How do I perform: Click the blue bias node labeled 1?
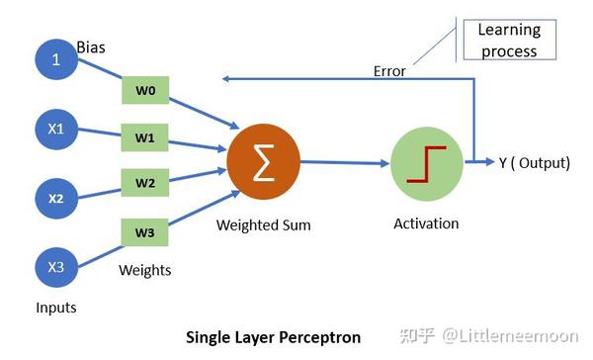tap(56, 59)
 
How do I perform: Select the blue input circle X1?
tap(56, 129)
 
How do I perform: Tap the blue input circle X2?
tap(56, 198)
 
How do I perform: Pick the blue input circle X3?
tap(56, 267)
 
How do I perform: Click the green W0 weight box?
tap(145, 91)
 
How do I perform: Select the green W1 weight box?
tap(145, 137)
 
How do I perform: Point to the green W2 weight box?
tap(145, 182)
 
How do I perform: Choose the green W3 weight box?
tap(145, 232)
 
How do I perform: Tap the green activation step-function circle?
tap(427, 163)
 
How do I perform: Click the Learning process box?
tap(508, 41)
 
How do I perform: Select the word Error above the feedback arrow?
tap(389, 71)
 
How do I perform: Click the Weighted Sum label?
tap(263, 225)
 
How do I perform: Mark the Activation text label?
tap(426, 224)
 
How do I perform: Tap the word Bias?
tap(92, 46)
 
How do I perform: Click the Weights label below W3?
tap(145, 270)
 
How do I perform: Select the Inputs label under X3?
tap(55, 308)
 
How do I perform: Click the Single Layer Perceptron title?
tap(274, 337)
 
